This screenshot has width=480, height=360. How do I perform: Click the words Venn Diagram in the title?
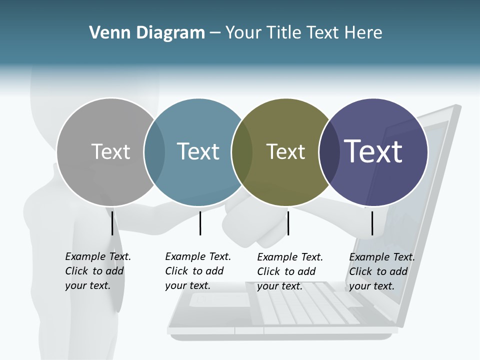(147, 33)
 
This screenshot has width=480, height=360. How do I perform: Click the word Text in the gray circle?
(111, 151)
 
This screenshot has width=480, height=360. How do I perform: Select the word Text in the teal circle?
(198, 151)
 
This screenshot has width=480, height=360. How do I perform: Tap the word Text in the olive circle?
(285, 151)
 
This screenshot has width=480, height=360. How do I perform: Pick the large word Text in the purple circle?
(373, 151)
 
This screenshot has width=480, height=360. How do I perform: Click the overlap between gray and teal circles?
(154, 152)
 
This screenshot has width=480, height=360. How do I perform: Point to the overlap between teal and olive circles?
(242, 152)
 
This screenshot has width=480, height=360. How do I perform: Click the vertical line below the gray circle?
(112, 223)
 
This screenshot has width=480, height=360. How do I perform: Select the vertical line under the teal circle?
(200, 223)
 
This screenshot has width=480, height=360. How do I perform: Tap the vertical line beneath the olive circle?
(288, 223)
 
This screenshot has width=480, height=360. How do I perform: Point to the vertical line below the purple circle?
(372, 223)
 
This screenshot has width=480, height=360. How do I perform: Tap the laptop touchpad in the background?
(220, 299)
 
